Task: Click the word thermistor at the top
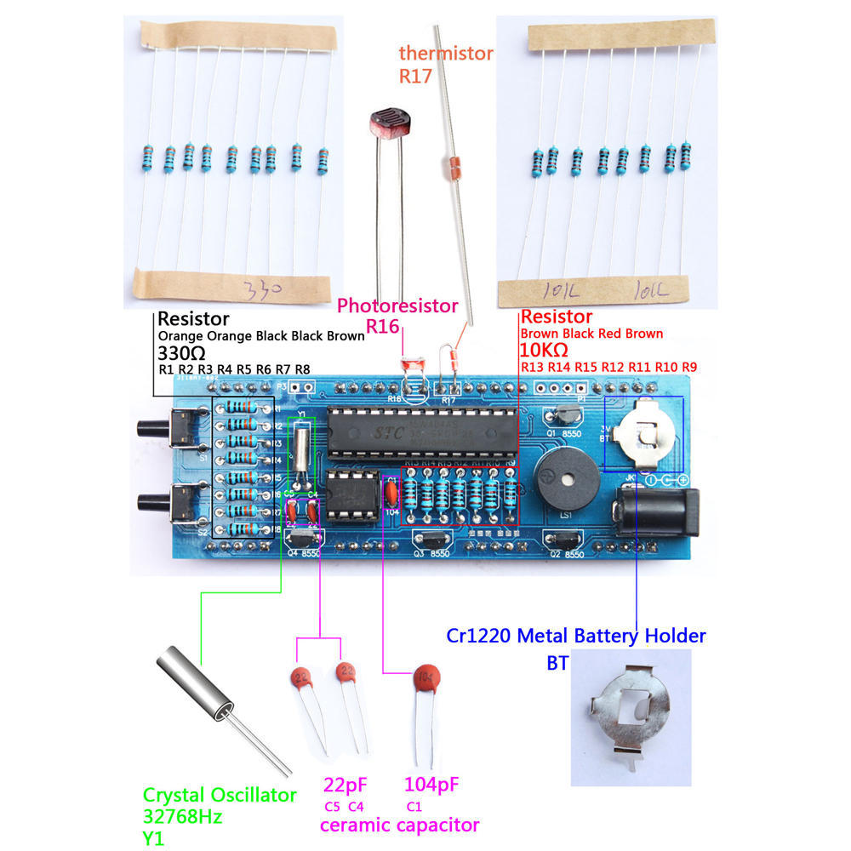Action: click(446, 53)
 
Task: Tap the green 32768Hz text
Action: click(182, 817)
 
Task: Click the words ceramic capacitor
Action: click(399, 825)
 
